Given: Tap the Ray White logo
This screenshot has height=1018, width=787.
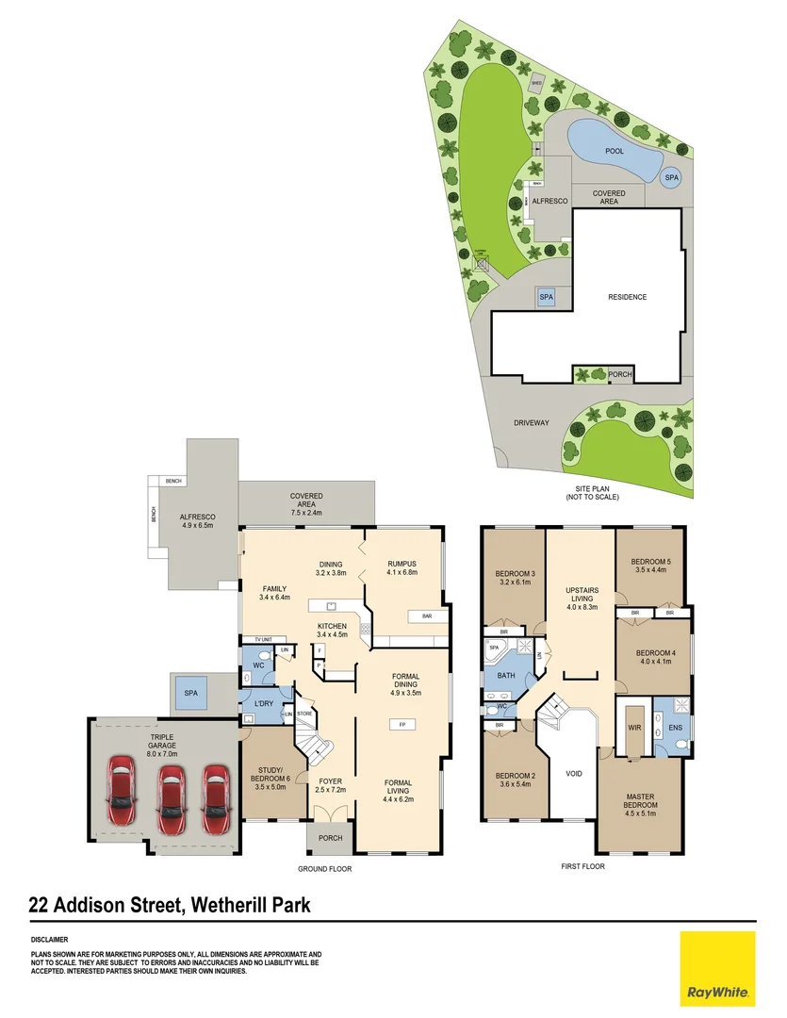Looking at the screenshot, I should (x=717, y=968).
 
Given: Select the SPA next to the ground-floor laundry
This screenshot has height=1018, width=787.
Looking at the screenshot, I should (x=192, y=694).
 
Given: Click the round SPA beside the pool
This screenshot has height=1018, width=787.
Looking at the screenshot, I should (x=671, y=177).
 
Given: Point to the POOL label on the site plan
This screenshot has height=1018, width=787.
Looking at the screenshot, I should (x=614, y=151).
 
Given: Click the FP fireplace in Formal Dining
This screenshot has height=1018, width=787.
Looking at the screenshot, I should (x=402, y=725).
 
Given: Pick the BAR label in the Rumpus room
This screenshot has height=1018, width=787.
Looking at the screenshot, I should (x=415, y=617).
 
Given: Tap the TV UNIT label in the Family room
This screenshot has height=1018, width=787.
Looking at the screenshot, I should (x=262, y=639).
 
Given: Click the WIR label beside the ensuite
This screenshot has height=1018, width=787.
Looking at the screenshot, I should (x=633, y=728).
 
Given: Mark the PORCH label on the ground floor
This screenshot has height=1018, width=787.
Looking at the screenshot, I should (x=330, y=839).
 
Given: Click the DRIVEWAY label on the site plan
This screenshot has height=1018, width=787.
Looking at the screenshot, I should (x=531, y=423).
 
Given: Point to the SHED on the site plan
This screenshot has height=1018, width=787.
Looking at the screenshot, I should (x=536, y=83).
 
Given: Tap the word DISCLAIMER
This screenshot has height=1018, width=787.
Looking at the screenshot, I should (x=49, y=940).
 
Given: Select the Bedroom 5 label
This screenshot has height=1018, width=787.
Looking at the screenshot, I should (x=651, y=566).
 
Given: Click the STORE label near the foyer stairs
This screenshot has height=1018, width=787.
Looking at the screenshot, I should (x=303, y=714).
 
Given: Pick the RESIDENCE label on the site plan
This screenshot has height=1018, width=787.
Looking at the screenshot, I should (x=627, y=297).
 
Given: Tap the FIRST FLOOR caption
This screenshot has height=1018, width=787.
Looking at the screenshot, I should (x=582, y=866).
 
